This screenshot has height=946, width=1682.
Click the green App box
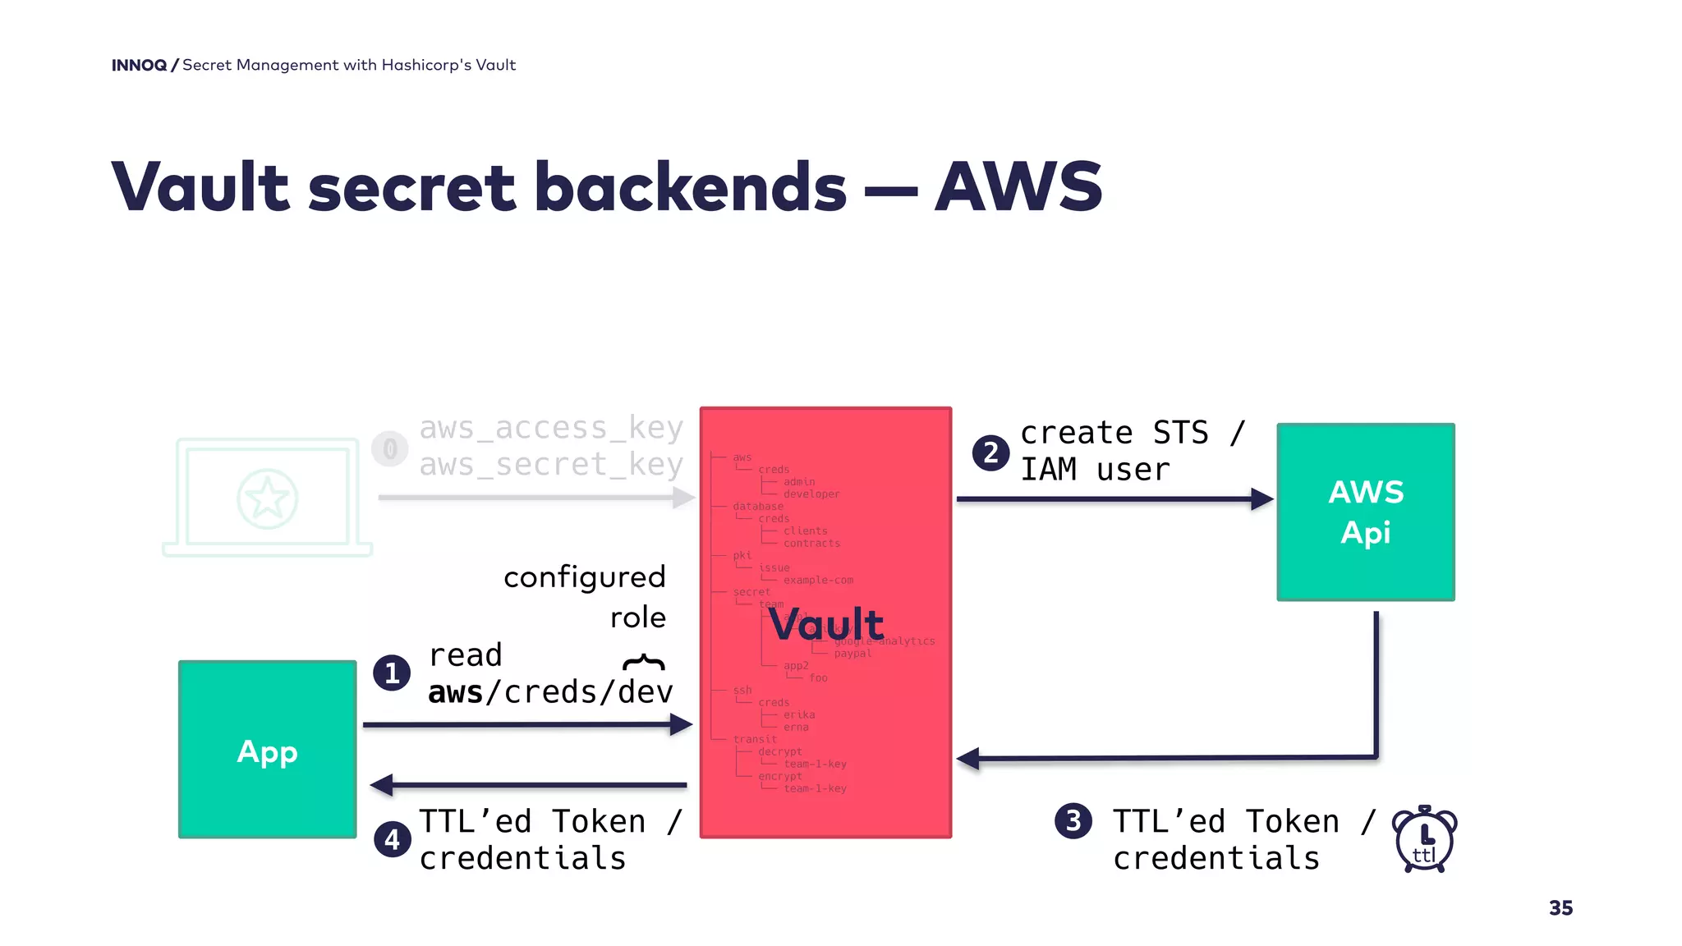coord(267,749)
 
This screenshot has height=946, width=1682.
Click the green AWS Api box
coord(1365,512)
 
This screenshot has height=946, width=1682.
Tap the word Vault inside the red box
coord(826,624)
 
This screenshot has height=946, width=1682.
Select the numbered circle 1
coord(392,673)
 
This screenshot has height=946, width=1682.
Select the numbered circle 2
coord(990,452)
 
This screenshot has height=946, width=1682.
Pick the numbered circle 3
coord(1073,820)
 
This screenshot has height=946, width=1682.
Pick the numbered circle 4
coord(392,839)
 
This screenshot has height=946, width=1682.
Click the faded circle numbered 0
coord(390,449)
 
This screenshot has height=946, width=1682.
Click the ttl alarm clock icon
coord(1424,839)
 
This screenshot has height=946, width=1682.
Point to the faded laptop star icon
coord(267,498)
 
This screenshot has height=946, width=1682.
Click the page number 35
coord(1560,907)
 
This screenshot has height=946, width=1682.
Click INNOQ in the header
coord(139,65)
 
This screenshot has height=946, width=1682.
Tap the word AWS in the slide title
coord(1018,187)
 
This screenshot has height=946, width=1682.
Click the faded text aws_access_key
coord(551,428)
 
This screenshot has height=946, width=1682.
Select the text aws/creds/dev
coord(549,692)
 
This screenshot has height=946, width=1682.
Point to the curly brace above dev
coord(644,662)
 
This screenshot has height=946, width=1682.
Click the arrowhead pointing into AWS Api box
coord(1261,498)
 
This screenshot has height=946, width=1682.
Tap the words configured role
coord(585,596)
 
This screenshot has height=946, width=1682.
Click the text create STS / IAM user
coord(1132,451)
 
